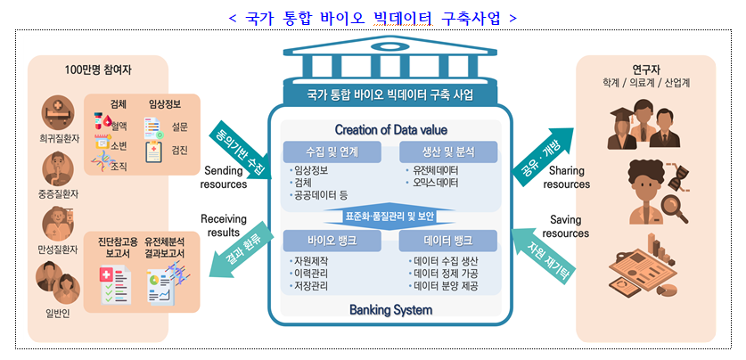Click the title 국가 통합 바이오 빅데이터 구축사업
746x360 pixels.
point(373,17)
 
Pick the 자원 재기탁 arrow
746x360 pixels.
point(541,252)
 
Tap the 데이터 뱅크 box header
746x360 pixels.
point(443,240)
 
